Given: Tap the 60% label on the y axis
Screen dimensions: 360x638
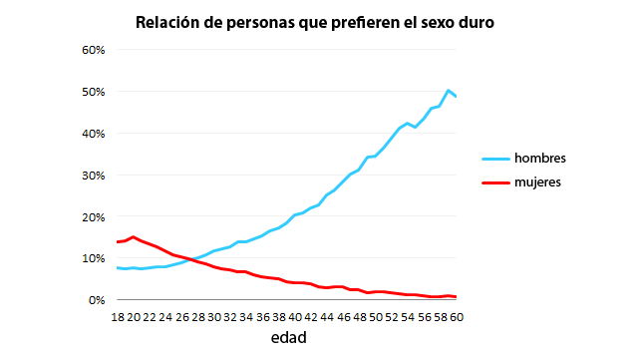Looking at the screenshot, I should click(93, 50).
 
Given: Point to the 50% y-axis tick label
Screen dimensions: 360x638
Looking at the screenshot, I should click(93, 92).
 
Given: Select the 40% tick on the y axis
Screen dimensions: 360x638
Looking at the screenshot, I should click(93, 134).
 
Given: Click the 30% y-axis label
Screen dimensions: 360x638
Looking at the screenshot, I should click(93, 176).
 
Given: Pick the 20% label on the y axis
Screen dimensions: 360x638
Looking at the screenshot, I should click(93, 217).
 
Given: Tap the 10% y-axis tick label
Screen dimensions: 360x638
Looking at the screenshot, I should click(93, 258).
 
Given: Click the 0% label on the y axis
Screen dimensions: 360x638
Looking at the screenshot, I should click(96, 300).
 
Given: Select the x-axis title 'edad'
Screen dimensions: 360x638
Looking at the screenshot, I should click(288, 338).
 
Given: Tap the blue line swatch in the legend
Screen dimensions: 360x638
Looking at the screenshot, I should click(494, 159).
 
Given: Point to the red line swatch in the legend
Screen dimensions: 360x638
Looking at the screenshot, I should click(494, 182).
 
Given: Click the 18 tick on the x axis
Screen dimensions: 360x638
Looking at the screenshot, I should click(118, 317).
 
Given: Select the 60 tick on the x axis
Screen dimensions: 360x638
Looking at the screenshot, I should click(456, 317).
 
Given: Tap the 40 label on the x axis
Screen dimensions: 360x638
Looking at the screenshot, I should click(295, 317).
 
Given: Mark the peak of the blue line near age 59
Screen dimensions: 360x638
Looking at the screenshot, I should click(449, 91).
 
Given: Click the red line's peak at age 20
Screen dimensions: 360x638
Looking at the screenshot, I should click(134, 236).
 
